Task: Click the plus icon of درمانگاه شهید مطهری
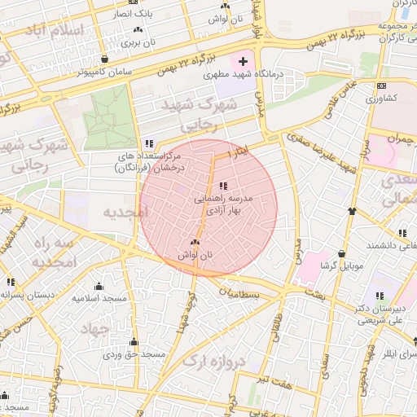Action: tap(243, 61)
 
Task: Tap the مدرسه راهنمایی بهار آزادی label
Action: tap(224, 204)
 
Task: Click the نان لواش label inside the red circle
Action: tap(194, 255)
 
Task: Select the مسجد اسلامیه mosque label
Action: tap(99, 298)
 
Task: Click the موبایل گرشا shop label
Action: tap(340, 266)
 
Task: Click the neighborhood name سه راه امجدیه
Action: tap(55, 253)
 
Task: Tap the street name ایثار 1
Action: tap(236, 151)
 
